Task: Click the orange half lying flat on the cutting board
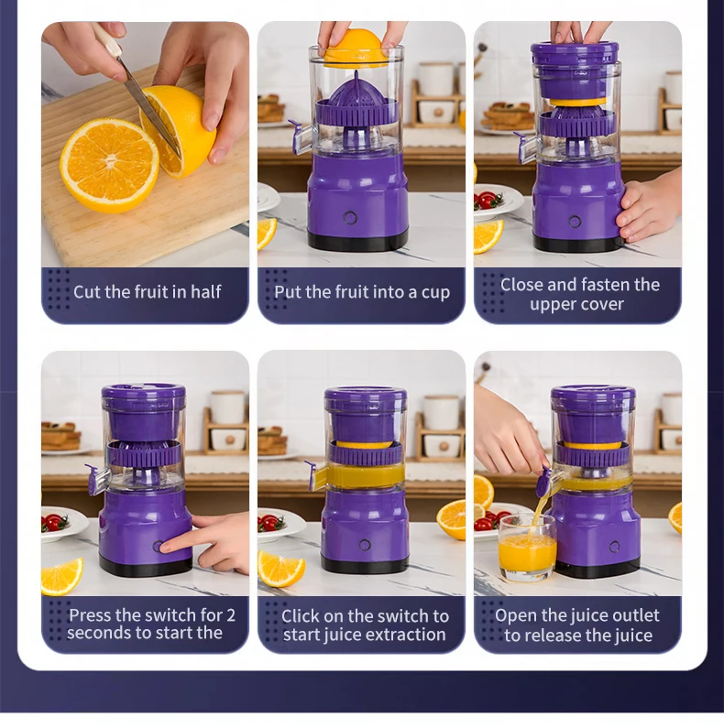(x=110, y=165)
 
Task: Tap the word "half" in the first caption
(x=206, y=291)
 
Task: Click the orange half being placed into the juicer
(x=353, y=48)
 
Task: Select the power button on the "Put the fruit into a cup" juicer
(x=350, y=217)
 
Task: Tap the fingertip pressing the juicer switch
(x=163, y=548)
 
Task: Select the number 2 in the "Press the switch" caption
(x=231, y=615)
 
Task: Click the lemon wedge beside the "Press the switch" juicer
(x=61, y=576)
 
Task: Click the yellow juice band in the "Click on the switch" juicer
(x=366, y=475)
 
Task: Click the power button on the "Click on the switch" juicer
(x=365, y=545)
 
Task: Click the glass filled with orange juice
(x=527, y=547)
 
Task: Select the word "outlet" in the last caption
(x=635, y=615)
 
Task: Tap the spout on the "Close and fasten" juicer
(x=526, y=147)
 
